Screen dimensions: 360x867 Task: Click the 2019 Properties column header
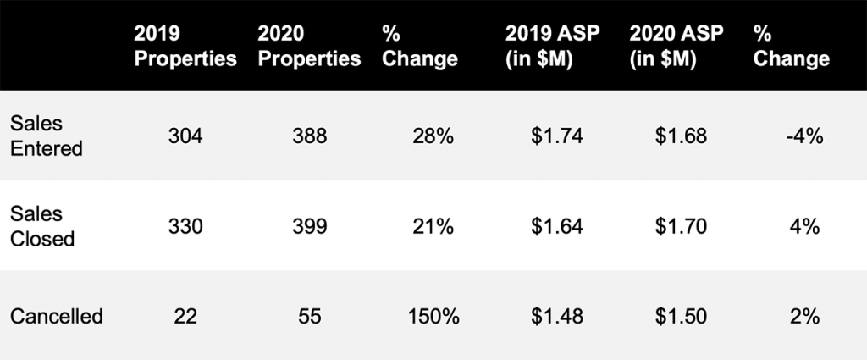pos(185,46)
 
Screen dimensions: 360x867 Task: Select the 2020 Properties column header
pos(310,46)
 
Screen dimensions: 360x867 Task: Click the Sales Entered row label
pos(46,136)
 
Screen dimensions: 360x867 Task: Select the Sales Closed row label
pos(41,226)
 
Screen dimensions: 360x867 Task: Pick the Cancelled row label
pos(56,317)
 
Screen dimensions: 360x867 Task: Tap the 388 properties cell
pos(309,136)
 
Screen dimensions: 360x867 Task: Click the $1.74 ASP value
pos(557,136)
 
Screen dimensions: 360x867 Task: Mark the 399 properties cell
pos(309,226)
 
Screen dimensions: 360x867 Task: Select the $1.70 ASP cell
pos(681,226)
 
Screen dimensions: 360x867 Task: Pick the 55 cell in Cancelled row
pos(309,317)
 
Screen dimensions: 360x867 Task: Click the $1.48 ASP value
pos(557,317)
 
